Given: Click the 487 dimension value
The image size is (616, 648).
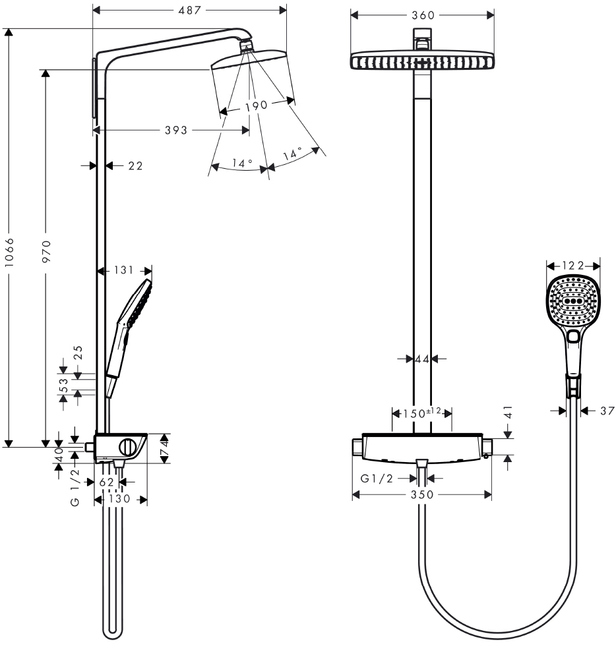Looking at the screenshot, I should [x=189, y=10].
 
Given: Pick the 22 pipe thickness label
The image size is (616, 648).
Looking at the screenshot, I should [x=135, y=167].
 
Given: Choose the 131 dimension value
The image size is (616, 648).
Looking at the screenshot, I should [x=124, y=270].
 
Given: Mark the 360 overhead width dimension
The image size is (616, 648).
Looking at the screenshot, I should [x=422, y=15].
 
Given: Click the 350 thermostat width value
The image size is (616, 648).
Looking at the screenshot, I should [x=421, y=494].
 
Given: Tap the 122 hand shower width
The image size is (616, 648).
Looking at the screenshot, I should [x=574, y=266].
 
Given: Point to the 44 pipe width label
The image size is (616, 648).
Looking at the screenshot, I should [x=422, y=359].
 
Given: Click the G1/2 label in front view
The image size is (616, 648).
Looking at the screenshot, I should [x=377, y=479].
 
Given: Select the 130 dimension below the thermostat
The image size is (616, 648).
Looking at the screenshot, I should [x=120, y=499].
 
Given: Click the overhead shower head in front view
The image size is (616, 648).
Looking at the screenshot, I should [x=422, y=61].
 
